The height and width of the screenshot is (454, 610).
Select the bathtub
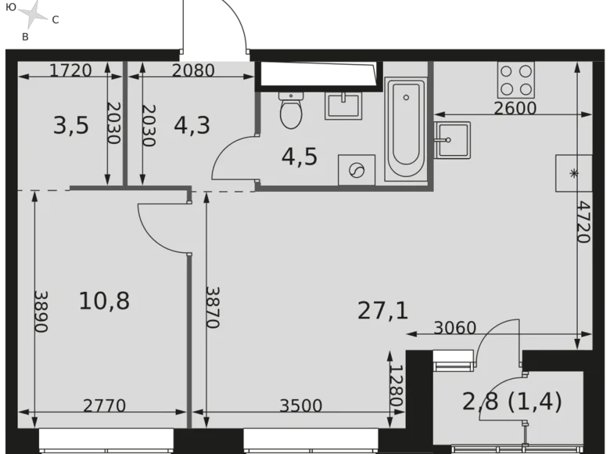[x=405, y=129]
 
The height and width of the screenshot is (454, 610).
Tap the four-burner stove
[x=515, y=79]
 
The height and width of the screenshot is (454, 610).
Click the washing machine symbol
[x=357, y=170]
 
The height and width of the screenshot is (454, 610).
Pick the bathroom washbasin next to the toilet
[x=343, y=104]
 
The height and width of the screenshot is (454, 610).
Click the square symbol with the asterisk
[x=573, y=172]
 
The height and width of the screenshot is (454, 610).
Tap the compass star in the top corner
[x=32, y=13]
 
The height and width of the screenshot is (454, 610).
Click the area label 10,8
[x=104, y=300]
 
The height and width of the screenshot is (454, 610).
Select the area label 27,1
[x=383, y=311]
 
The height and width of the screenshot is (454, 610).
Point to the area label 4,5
[x=300, y=157]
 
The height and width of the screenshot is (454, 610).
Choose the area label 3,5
[x=70, y=125]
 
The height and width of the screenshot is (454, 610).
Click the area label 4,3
[x=192, y=125]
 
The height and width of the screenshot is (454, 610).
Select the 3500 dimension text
[x=301, y=405]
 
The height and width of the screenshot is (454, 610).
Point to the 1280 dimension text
[x=396, y=385]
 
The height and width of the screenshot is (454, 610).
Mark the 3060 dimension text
[x=454, y=328]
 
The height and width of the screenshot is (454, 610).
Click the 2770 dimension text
[x=105, y=405]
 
